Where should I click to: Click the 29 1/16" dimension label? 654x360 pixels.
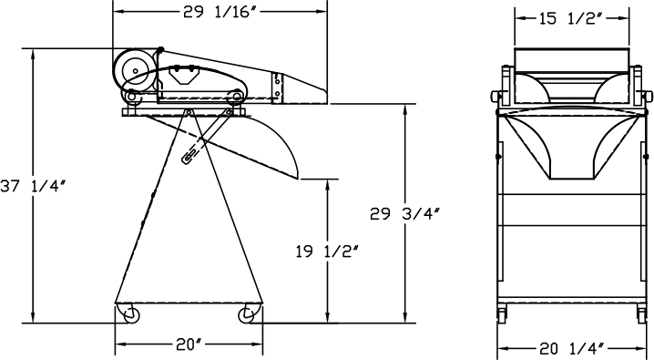[219, 13]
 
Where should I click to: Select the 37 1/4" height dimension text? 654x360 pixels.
[33, 186]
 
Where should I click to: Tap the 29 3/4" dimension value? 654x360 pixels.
[404, 213]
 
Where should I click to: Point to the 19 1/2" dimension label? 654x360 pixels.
[327, 252]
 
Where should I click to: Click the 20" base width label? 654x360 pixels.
[189, 345]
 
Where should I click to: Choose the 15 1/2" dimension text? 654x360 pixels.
[571, 19]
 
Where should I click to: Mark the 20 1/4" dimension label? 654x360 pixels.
[572, 348]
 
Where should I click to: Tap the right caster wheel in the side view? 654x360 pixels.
[246, 315]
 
